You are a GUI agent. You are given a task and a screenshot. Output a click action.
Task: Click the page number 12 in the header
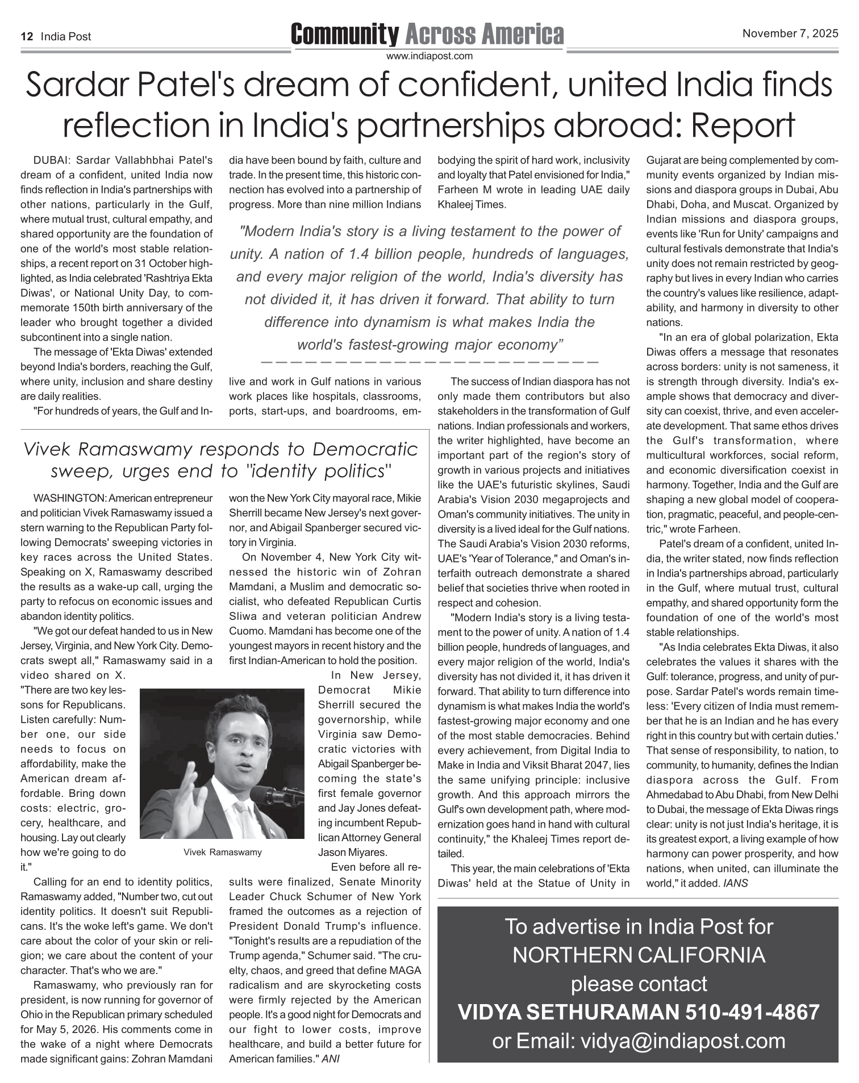(x=26, y=37)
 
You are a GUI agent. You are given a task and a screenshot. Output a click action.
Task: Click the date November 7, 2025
(x=790, y=33)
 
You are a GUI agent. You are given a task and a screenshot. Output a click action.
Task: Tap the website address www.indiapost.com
(x=429, y=56)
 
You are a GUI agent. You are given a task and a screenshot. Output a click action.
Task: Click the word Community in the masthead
(x=344, y=35)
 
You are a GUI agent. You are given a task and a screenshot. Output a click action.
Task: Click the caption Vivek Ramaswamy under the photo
(x=223, y=852)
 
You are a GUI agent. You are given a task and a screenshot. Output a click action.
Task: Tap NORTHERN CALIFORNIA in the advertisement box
(x=639, y=955)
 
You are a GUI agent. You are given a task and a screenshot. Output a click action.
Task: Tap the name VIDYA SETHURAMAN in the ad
(x=568, y=1012)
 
